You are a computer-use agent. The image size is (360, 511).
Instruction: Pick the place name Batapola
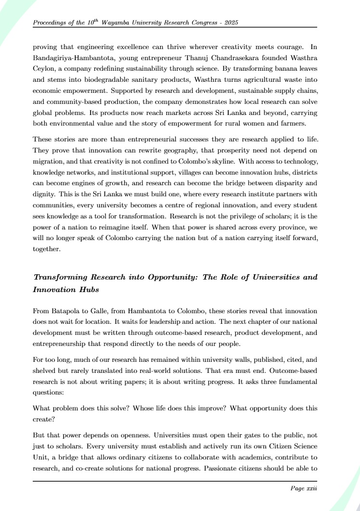coord(67,311)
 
